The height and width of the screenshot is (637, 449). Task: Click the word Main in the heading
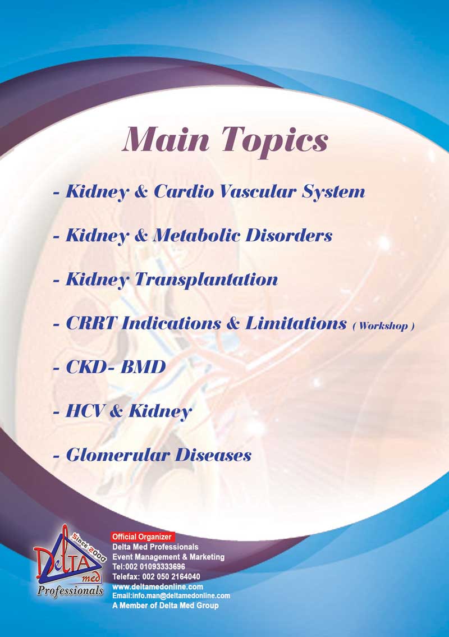click(166, 139)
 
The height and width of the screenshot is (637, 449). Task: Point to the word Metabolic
click(196, 235)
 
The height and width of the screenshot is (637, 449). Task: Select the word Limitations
click(296, 323)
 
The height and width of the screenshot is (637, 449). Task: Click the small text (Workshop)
click(383, 326)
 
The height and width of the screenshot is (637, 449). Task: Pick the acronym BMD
click(143, 367)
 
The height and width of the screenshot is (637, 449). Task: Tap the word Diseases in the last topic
click(213, 455)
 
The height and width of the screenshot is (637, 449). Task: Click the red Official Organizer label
click(143, 537)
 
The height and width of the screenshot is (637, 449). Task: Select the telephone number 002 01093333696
click(154, 567)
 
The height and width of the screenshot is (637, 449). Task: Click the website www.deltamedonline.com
click(158, 586)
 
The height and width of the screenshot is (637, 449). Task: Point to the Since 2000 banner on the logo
click(89, 547)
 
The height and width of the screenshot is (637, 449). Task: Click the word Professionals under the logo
click(70, 590)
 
